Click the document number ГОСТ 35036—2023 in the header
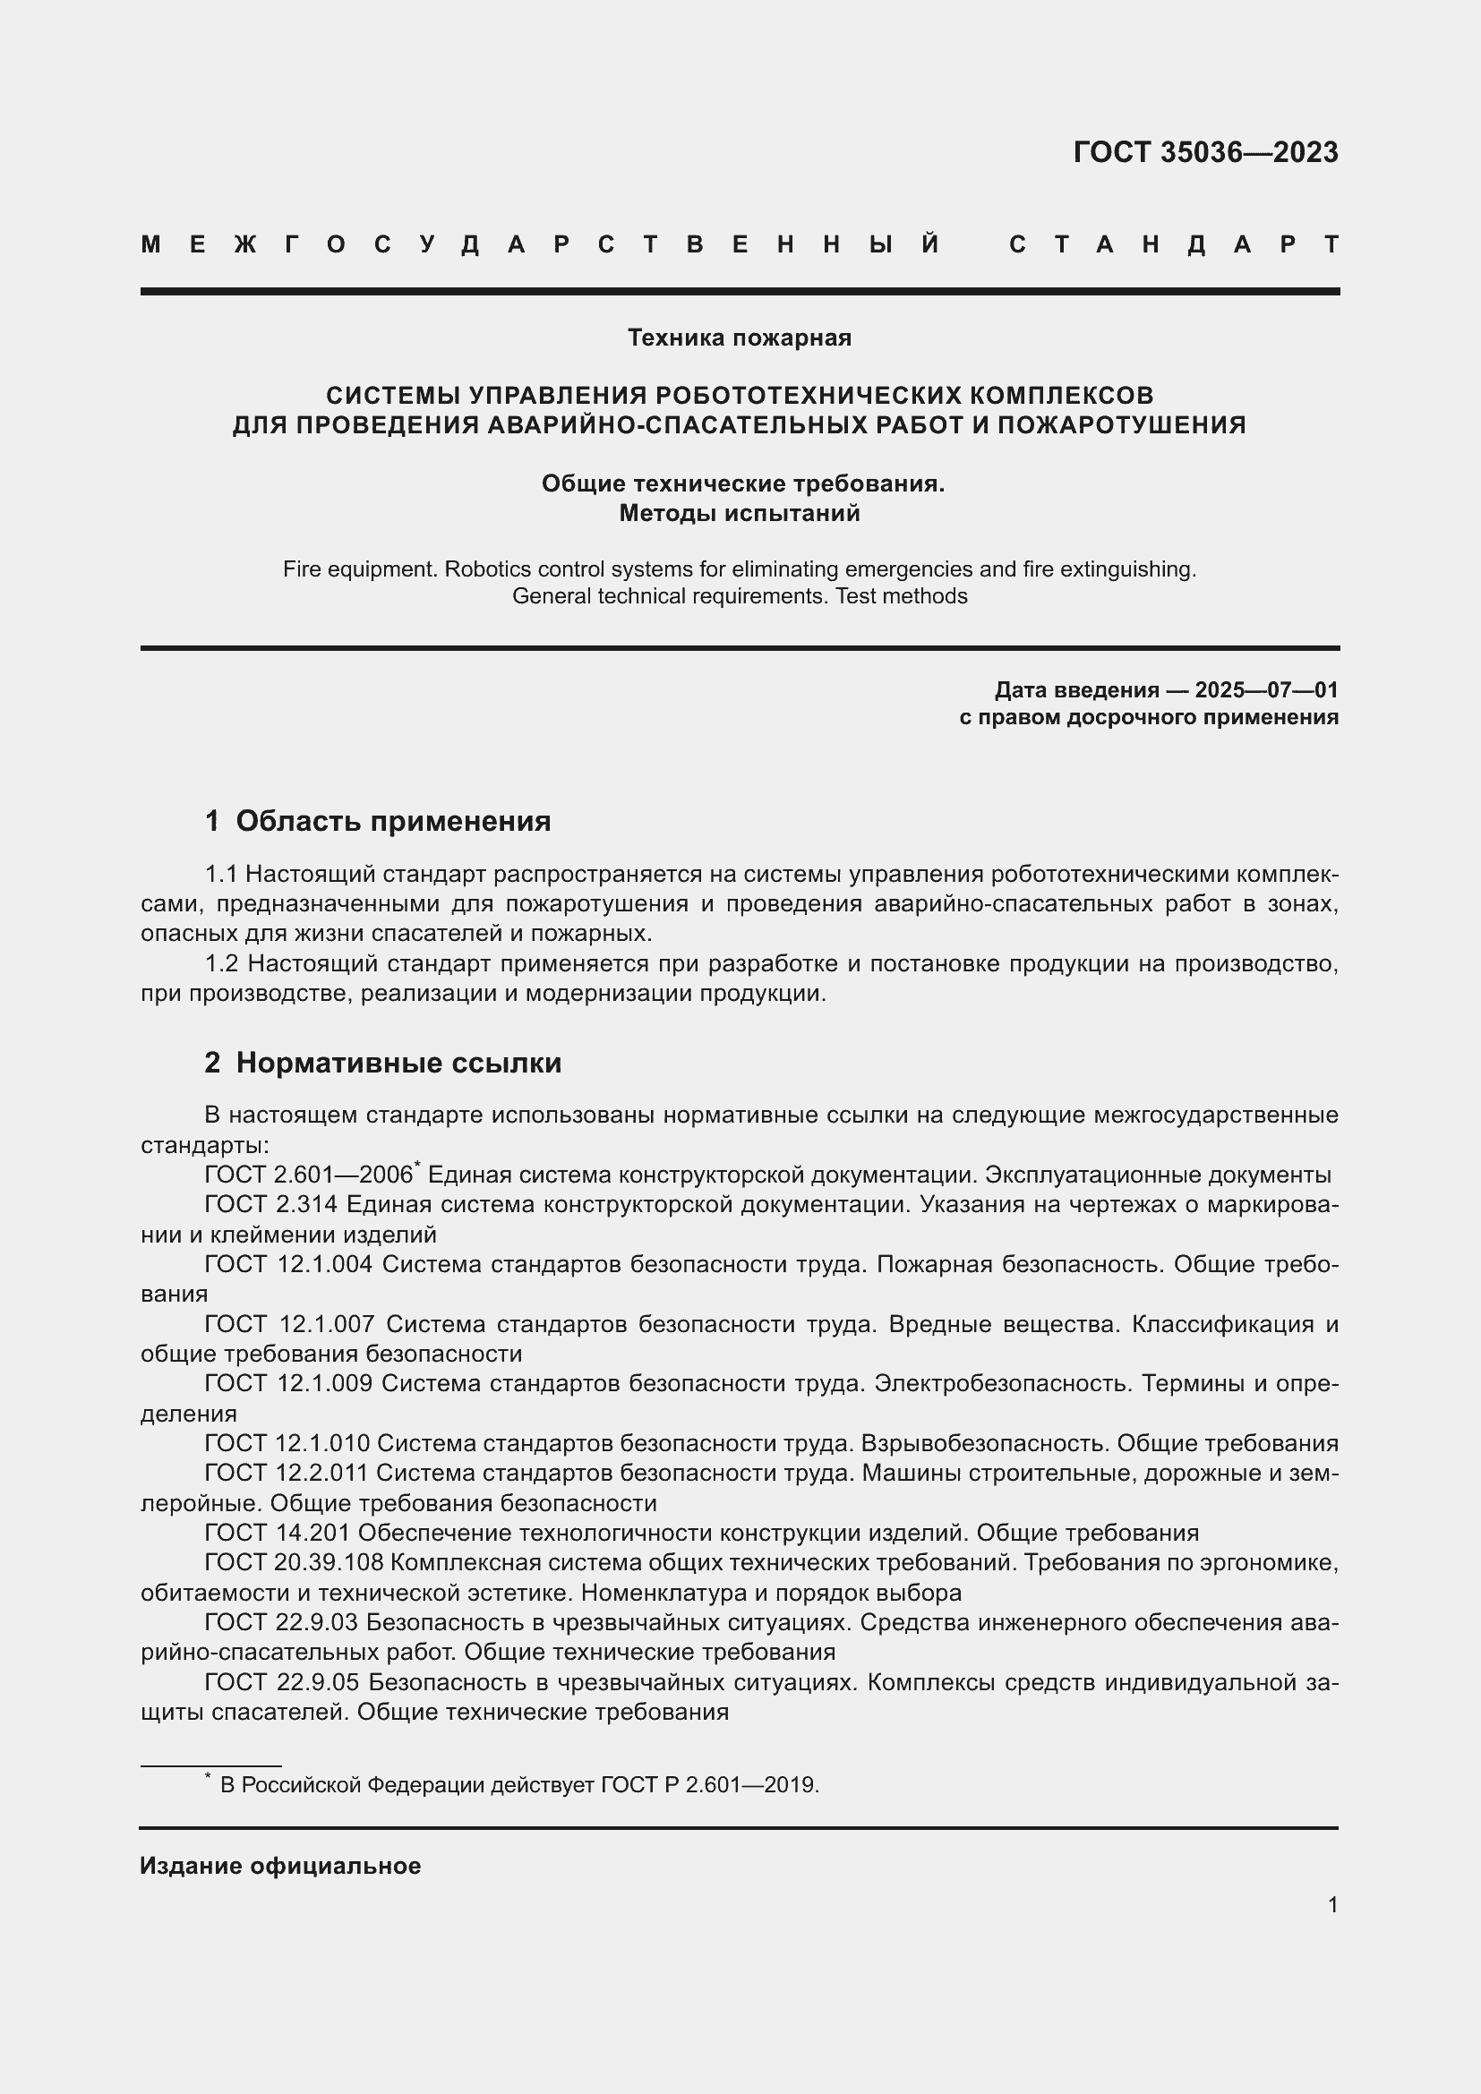[x=1204, y=152]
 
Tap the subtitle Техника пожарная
[x=739, y=338]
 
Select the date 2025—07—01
[x=1266, y=689]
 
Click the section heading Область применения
[x=393, y=821]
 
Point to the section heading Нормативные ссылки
[x=398, y=1063]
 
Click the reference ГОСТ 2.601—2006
[x=309, y=1175]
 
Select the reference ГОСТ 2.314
[x=270, y=1205]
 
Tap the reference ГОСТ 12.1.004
[x=288, y=1264]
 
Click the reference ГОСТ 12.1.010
[x=287, y=1443]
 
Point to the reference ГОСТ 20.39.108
[x=294, y=1562]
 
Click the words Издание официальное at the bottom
[x=280, y=1866]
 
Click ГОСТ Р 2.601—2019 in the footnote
[x=709, y=1785]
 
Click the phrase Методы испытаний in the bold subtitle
[x=739, y=514]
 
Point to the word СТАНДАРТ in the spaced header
[x=1174, y=244]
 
